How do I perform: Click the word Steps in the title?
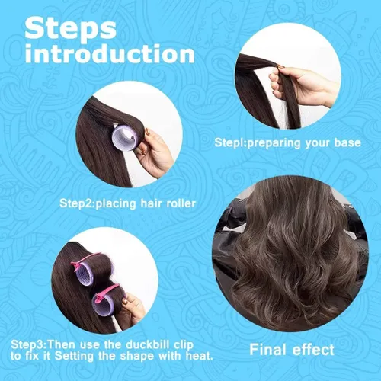[x=71, y=29]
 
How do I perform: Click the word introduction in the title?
[x=110, y=53]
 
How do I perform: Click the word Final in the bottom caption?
[x=268, y=350]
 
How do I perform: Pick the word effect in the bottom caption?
[x=313, y=350]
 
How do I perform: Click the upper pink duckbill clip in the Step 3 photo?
[x=86, y=261]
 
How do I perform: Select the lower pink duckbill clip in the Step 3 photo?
[x=105, y=293]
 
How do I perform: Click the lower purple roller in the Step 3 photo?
[x=101, y=305]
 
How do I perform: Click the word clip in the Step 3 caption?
[x=184, y=345]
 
